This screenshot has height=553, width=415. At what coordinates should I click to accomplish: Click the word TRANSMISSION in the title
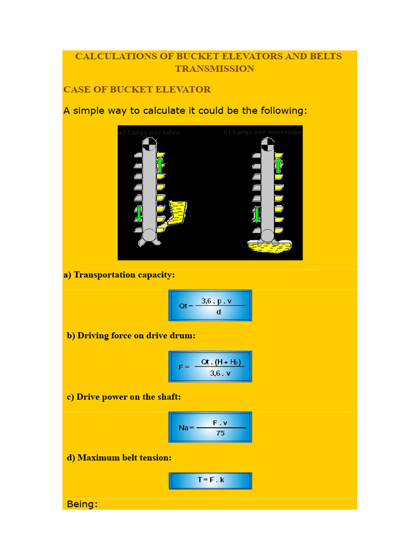pos(215,69)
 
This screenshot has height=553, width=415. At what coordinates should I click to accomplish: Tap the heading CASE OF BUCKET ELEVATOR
pos(137,90)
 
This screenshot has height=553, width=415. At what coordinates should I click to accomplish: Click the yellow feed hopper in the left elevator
pos(177,211)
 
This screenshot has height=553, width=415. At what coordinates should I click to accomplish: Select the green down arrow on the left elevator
pos(139,213)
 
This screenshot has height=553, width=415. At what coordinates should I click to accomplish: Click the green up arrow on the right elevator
pos(278,164)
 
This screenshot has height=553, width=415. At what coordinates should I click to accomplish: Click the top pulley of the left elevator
pos(149,144)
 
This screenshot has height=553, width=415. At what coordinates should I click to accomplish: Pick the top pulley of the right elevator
pos(267,144)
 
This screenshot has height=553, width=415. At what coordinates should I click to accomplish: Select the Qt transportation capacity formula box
pos(210,306)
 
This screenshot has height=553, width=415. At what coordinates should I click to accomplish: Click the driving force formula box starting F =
pos(210,367)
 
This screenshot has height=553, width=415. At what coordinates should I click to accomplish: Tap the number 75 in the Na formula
pos(220,433)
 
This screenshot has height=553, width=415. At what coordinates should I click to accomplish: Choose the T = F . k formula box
pos(210,480)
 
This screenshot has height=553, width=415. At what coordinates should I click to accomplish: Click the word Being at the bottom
pos(81,504)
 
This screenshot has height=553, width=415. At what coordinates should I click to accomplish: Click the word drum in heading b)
pos(182,336)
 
